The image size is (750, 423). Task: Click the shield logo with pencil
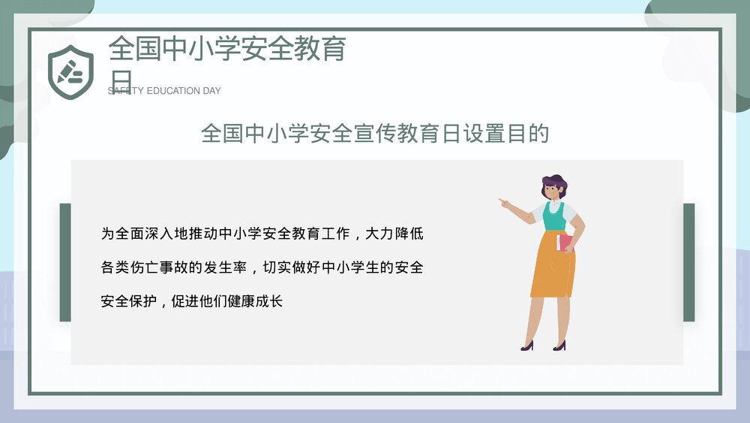tap(70, 68)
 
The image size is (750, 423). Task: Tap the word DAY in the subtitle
tap(211, 91)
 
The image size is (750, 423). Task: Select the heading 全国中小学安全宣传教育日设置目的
tap(375, 134)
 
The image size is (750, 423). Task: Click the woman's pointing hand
tap(503, 201)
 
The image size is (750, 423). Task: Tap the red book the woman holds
tap(563, 243)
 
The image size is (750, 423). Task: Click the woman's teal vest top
tap(554, 216)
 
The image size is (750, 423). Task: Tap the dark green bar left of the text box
tap(65, 262)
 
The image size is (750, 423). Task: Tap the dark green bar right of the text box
tap(688, 262)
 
